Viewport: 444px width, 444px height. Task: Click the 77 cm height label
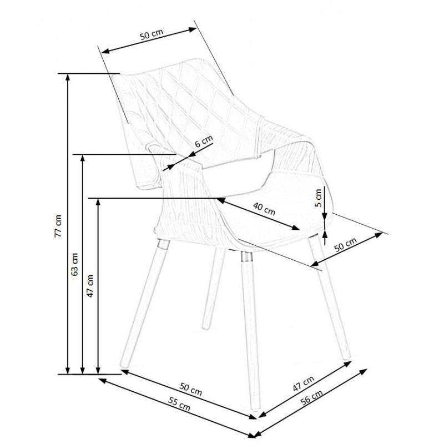click(x=58, y=226)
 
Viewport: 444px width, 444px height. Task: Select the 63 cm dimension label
click(x=74, y=264)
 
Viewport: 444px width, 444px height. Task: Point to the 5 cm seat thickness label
click(x=318, y=198)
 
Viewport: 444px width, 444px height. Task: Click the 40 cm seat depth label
click(x=264, y=209)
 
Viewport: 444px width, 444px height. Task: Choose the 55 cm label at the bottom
click(x=179, y=403)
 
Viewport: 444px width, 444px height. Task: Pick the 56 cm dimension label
click(x=311, y=397)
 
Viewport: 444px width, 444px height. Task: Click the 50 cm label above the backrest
click(x=152, y=34)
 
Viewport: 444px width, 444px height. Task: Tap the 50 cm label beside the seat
click(x=346, y=244)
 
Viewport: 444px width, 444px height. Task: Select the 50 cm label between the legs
click(x=191, y=389)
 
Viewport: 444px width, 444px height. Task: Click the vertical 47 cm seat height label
click(x=90, y=286)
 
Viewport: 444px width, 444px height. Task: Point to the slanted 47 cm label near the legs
click(x=303, y=383)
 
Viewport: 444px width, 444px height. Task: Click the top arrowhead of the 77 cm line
click(x=67, y=77)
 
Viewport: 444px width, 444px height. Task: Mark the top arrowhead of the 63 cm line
click(x=82, y=158)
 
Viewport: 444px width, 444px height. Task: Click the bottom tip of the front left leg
click(x=123, y=366)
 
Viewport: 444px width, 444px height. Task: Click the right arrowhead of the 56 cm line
click(x=365, y=371)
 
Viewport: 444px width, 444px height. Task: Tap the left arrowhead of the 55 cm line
click(x=102, y=380)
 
